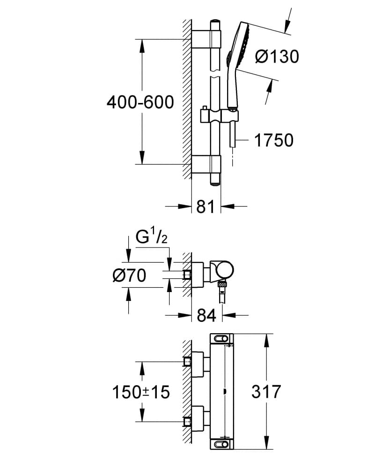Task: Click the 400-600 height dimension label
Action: tap(140, 102)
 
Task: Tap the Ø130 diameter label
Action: tap(277, 57)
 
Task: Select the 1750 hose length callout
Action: tap(274, 140)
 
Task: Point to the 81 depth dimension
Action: tap(206, 206)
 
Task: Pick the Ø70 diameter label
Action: tap(129, 276)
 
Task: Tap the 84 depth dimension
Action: tap(206, 316)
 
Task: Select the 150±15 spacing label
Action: tap(140, 392)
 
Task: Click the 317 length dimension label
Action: tap(266, 391)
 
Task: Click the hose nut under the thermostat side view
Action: tap(223, 284)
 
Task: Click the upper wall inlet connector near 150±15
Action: tap(188, 362)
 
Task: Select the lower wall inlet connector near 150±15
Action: tap(188, 422)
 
